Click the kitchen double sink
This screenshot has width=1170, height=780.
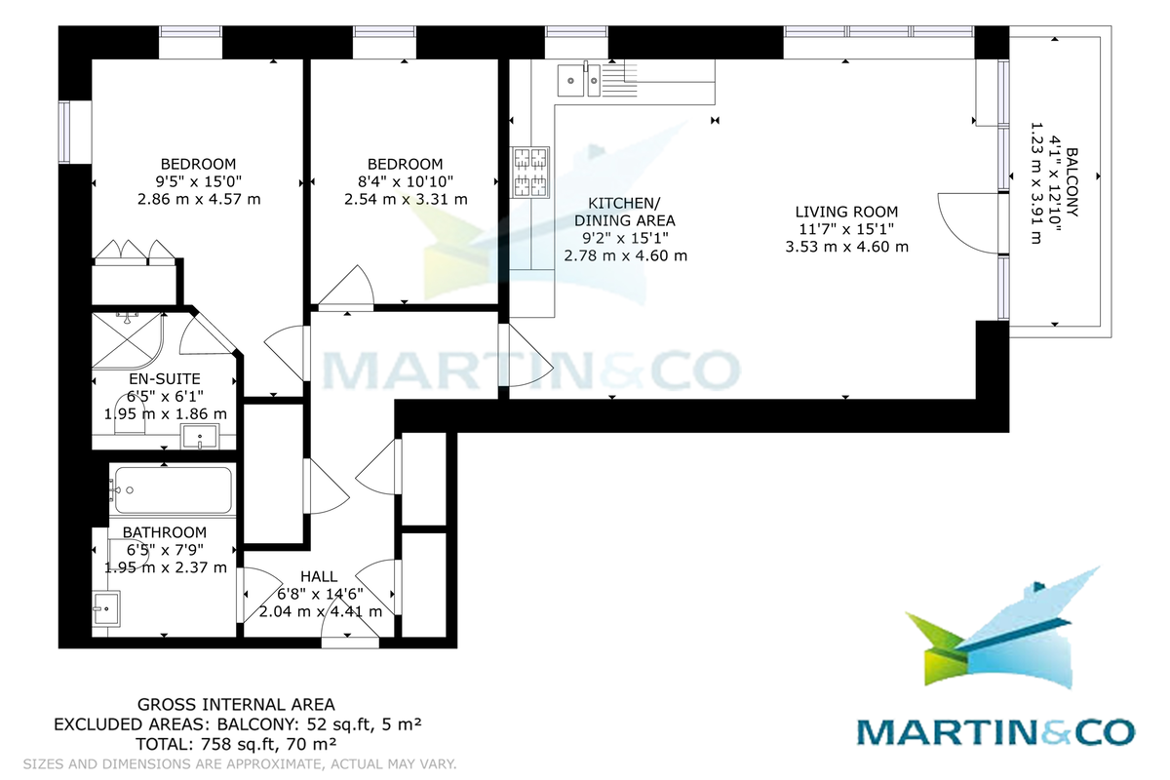click(578, 79)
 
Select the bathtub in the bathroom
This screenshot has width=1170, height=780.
click(174, 489)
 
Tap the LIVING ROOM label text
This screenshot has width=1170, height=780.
click(846, 212)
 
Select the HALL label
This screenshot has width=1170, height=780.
click(320, 576)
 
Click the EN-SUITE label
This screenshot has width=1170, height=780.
click(165, 378)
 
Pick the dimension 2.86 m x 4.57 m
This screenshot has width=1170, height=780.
click(200, 199)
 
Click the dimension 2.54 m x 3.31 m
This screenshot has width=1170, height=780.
click(406, 199)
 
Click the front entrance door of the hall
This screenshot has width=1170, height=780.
click(350, 635)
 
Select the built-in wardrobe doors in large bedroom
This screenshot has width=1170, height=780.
click(134, 253)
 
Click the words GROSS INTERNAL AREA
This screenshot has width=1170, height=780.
click(236, 704)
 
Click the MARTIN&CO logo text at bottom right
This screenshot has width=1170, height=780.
click(995, 732)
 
